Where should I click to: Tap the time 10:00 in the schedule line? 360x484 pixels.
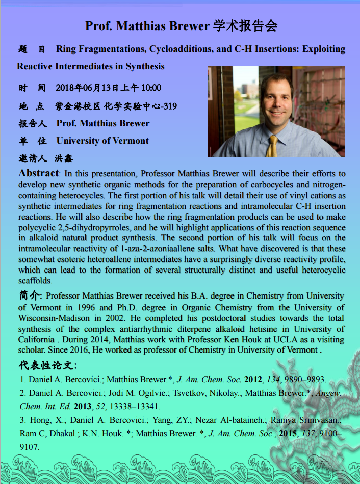[151, 88]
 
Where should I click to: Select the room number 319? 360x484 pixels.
[168, 106]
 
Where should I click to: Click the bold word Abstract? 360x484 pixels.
[38, 173]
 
